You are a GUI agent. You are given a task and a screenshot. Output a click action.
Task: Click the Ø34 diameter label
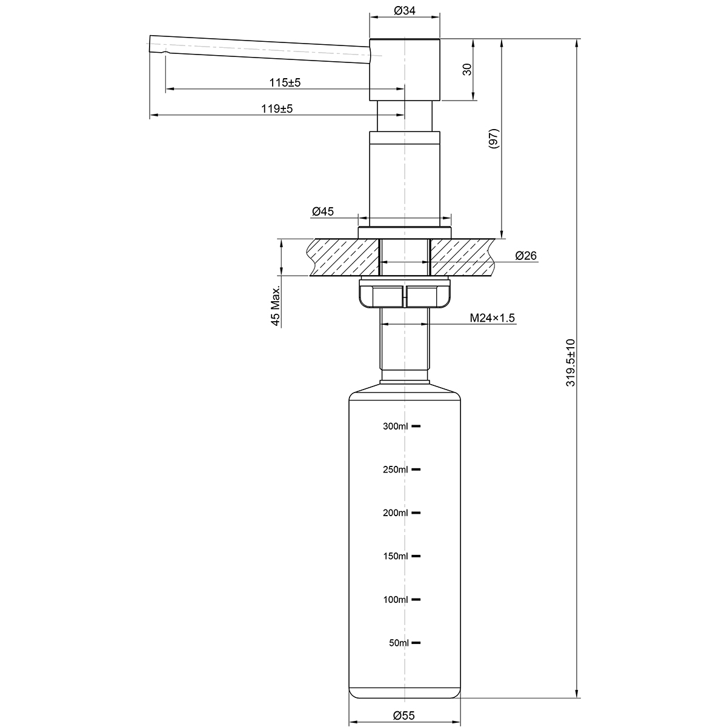[404, 10]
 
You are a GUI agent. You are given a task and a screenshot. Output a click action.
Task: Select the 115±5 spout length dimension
[285, 82]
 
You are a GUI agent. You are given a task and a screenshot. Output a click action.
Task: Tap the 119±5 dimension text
[277, 109]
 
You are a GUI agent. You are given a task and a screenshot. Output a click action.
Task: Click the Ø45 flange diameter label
[323, 211]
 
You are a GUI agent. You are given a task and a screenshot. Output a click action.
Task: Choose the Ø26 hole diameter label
[525, 256]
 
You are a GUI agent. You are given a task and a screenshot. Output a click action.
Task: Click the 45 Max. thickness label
[276, 307]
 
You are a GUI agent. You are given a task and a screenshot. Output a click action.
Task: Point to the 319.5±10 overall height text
[569, 362]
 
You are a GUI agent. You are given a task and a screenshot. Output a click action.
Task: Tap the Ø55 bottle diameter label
[403, 715]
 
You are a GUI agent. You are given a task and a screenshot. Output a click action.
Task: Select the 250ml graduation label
[396, 470]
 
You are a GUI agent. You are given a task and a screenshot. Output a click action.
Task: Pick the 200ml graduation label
[396, 513]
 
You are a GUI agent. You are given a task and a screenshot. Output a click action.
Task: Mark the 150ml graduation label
[396, 556]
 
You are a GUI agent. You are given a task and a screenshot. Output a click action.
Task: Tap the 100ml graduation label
[396, 600]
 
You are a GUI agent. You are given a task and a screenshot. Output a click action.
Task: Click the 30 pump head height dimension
[467, 69]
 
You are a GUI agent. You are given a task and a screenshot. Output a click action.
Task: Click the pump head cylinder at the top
[405, 70]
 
